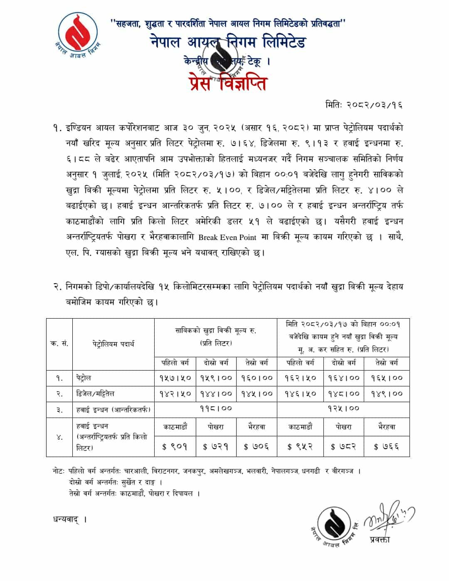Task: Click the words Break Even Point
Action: pyautogui.click(x=227, y=237)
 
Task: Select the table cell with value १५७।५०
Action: pyautogui.click(x=175, y=378)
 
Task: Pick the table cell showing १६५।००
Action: pyautogui.click(x=387, y=378)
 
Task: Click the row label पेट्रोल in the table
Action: pyautogui.click(x=84, y=378)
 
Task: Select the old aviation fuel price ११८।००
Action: pyautogui.click(x=216, y=409)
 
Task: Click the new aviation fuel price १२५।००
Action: pyautogui.click(x=343, y=409)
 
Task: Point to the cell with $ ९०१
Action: pyautogui.click(x=175, y=447)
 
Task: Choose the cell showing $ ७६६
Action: pyautogui.click(x=387, y=447)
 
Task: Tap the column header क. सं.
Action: pyautogui.click(x=59, y=344)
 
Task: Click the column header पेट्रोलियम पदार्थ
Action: pyautogui.click(x=113, y=344)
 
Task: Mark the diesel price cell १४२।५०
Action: pyautogui.click(x=175, y=393)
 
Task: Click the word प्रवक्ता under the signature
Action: pyautogui.click(x=380, y=540)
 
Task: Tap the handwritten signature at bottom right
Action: pyautogui.click(x=389, y=520)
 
